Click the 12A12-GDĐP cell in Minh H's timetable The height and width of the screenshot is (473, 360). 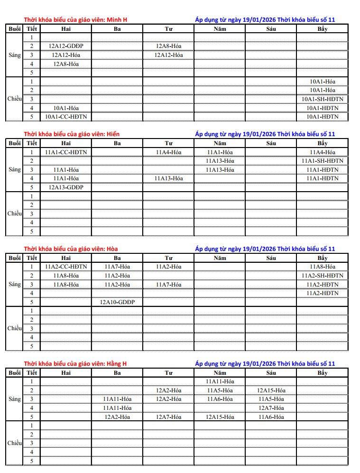(66, 46)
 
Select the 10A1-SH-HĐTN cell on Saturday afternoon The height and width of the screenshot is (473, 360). (323, 99)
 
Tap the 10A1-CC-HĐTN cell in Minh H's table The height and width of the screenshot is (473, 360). (66, 116)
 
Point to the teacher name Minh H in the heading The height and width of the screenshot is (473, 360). (117, 20)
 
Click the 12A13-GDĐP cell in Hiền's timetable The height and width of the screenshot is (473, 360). (66, 187)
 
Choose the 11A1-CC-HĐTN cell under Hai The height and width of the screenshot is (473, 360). (66, 152)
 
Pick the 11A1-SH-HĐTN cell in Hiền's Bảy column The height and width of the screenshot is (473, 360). (323, 161)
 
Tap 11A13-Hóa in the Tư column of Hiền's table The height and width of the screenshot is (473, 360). (169, 178)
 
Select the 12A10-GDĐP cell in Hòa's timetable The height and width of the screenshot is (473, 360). (117, 302)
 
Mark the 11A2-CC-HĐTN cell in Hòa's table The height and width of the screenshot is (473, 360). (66, 267)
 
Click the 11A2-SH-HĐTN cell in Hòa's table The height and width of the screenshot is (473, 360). (323, 276)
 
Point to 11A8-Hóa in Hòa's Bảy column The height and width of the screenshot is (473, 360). (323, 267)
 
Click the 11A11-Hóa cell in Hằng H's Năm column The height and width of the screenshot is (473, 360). (220, 381)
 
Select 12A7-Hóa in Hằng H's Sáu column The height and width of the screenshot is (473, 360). (271, 408)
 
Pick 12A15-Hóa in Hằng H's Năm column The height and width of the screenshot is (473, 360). (220, 417)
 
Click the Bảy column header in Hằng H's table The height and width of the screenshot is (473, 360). (323, 373)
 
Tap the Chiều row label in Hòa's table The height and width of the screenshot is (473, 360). (15, 328)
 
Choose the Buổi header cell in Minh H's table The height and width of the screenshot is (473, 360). (15, 29)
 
